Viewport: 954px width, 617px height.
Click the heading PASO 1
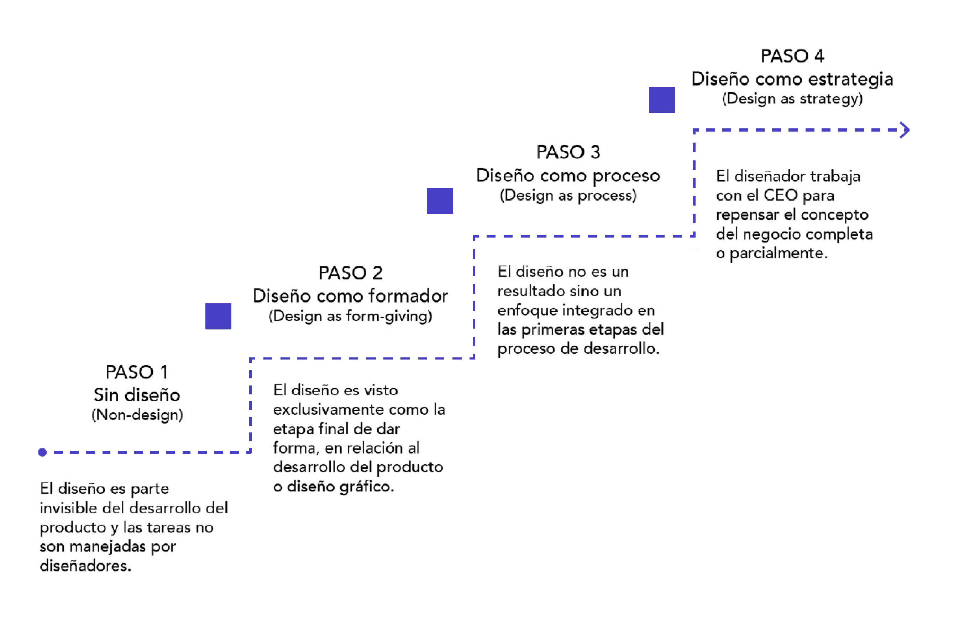click(x=136, y=372)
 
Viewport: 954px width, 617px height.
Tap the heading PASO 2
click(x=350, y=273)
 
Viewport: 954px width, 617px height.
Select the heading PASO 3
click(x=568, y=152)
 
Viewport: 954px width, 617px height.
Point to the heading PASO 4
click(x=792, y=56)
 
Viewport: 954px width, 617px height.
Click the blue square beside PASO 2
click(x=218, y=316)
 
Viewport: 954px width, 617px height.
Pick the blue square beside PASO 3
click(x=440, y=201)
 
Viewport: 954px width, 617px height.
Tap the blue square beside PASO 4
click(x=661, y=100)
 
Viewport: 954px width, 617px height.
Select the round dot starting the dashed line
click(x=42, y=452)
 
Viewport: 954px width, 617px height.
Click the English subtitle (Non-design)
click(x=137, y=415)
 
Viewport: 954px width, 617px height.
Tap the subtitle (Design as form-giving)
click(x=350, y=316)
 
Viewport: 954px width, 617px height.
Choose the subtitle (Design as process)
click(x=568, y=195)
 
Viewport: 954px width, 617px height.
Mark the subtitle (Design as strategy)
click(x=792, y=99)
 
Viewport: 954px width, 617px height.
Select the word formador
click(x=408, y=296)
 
